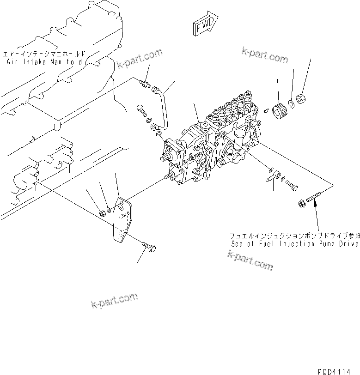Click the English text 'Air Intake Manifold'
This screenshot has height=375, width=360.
[x=45, y=61]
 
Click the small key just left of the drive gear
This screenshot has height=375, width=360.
[x=266, y=110]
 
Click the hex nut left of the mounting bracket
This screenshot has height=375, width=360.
[x=102, y=213]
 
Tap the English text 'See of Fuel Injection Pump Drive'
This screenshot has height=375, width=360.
[x=295, y=243]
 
